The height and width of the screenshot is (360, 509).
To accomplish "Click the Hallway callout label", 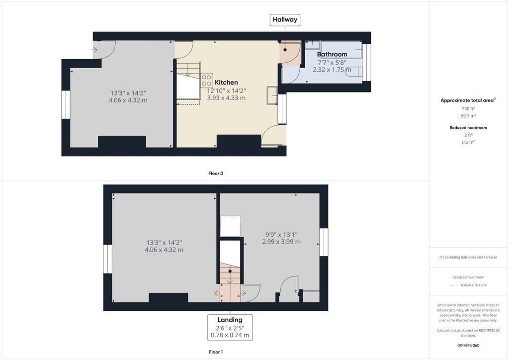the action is (x=285, y=19).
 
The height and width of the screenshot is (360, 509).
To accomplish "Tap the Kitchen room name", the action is (x=226, y=83).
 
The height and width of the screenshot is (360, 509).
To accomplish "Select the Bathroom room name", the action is (x=332, y=54).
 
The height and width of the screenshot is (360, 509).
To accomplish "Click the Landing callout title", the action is (x=230, y=320).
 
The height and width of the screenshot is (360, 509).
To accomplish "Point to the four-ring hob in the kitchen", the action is (x=206, y=80).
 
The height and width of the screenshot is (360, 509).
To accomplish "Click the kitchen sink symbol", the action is (x=272, y=95).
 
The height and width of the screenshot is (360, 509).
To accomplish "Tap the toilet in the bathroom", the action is (x=354, y=72).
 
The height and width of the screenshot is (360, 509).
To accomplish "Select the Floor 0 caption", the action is (x=216, y=174).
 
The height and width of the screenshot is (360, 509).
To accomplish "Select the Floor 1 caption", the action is (x=216, y=352).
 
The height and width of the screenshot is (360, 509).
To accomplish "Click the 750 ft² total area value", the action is (x=468, y=109).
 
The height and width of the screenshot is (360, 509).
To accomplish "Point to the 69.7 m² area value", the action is (x=468, y=116).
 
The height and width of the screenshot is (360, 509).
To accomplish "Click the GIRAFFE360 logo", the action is (x=468, y=346).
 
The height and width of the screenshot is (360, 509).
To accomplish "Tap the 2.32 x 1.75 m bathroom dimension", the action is (x=332, y=70).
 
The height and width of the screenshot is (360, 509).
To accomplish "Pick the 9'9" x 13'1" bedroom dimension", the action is (x=281, y=234).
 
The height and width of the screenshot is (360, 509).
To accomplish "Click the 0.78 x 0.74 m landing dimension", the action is (x=230, y=335).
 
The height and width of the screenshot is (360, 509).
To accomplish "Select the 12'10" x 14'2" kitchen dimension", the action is (x=226, y=91).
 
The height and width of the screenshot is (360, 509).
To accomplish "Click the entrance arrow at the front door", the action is (x=94, y=50).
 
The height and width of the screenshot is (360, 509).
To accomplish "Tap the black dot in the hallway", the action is (x=285, y=50).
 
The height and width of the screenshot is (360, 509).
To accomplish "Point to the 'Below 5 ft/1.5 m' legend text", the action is (x=474, y=285).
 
